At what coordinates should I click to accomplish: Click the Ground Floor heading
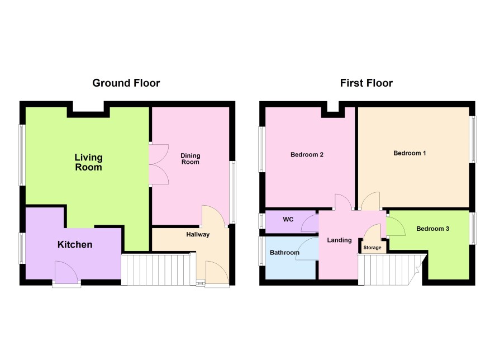tap(126, 83)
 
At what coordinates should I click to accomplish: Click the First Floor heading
tap(366, 83)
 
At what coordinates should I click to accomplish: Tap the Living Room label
tap(88, 162)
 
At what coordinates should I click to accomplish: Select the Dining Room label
tap(190, 159)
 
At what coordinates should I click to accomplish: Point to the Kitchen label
tap(75, 244)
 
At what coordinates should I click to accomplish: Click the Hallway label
tap(198, 234)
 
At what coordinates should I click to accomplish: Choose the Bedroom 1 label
tap(410, 153)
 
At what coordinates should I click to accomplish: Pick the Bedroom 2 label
tap(307, 154)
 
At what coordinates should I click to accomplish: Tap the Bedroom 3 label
tap(432, 229)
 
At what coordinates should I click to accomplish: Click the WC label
tap(288, 219)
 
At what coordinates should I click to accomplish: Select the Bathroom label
tap(284, 252)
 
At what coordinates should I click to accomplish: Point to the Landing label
tap(339, 240)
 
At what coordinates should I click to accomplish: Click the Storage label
tap(372, 248)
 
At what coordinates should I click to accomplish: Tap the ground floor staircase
tap(156, 269)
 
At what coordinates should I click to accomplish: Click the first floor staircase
tap(392, 269)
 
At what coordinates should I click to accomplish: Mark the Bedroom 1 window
tap(473, 139)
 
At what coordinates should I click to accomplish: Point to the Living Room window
tap(22, 155)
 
